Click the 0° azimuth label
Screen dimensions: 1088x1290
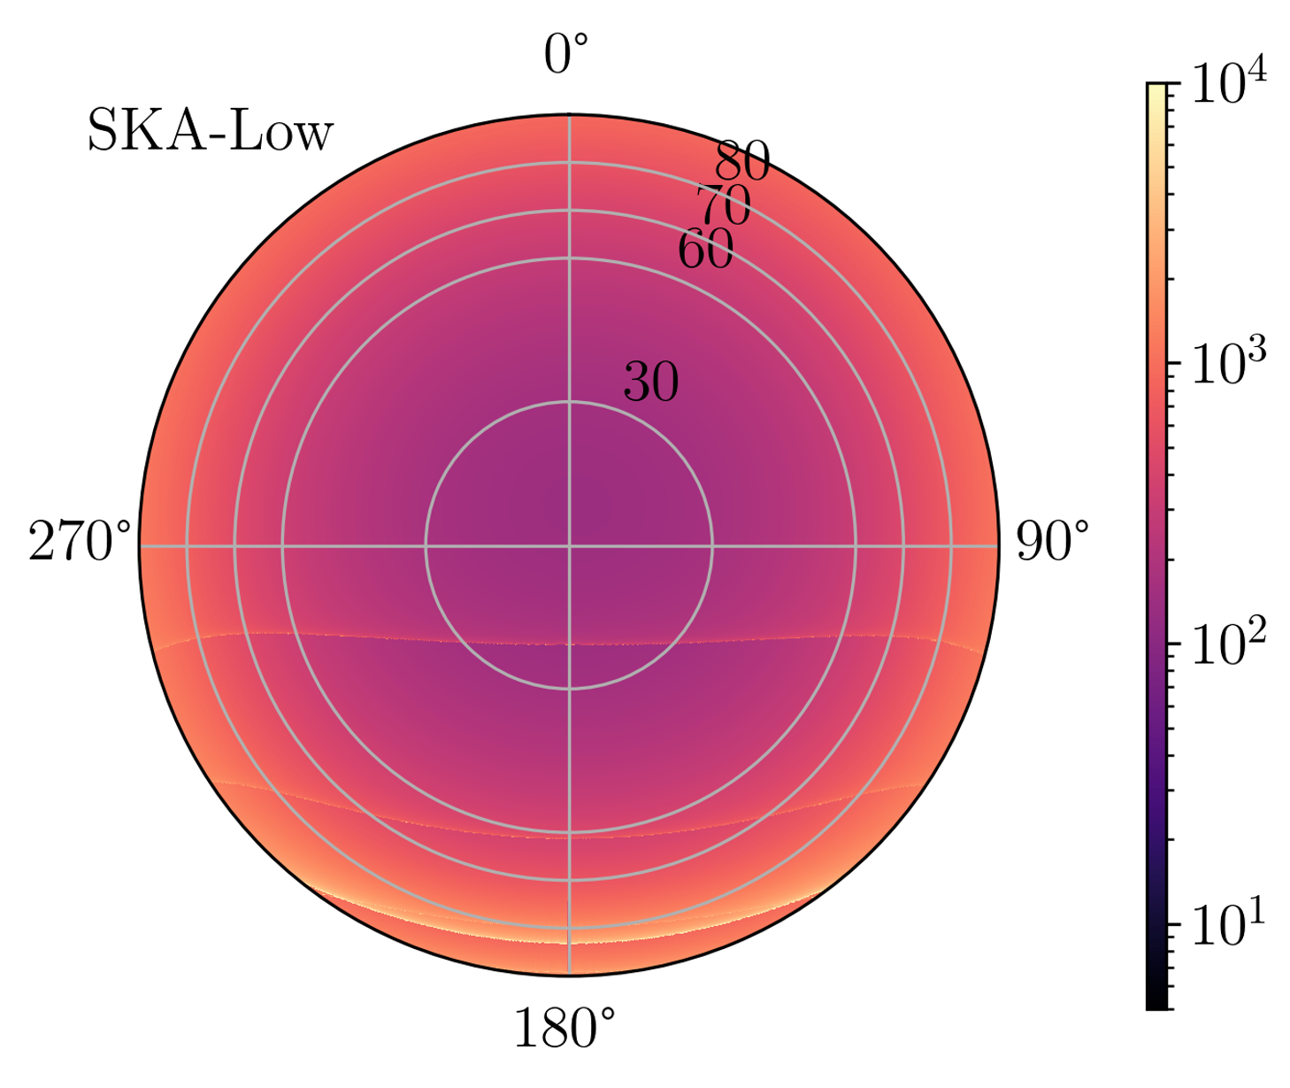[x=565, y=57]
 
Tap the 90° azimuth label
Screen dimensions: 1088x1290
[x=1052, y=543]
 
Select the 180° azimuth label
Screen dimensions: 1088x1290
[x=564, y=1029]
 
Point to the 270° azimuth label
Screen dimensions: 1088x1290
[x=80, y=543]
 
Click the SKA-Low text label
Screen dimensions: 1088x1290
[x=210, y=133]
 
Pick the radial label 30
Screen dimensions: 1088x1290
[x=651, y=382]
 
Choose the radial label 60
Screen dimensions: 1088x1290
[x=705, y=250]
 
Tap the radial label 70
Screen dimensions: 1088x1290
[x=723, y=206]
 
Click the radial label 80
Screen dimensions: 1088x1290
[x=742, y=162]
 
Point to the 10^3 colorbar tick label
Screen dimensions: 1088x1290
[x=1229, y=364]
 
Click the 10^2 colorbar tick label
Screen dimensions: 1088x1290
[x=1229, y=644]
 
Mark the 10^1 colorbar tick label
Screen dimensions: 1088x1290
[x=1229, y=925]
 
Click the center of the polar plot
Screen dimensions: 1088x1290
[x=569, y=546]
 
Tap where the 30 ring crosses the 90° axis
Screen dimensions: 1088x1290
[x=712, y=546]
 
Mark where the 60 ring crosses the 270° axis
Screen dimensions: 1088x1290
[x=282, y=546]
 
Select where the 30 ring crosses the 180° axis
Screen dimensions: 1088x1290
[x=569, y=689]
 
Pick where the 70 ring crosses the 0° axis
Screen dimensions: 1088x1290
[x=569, y=211]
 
